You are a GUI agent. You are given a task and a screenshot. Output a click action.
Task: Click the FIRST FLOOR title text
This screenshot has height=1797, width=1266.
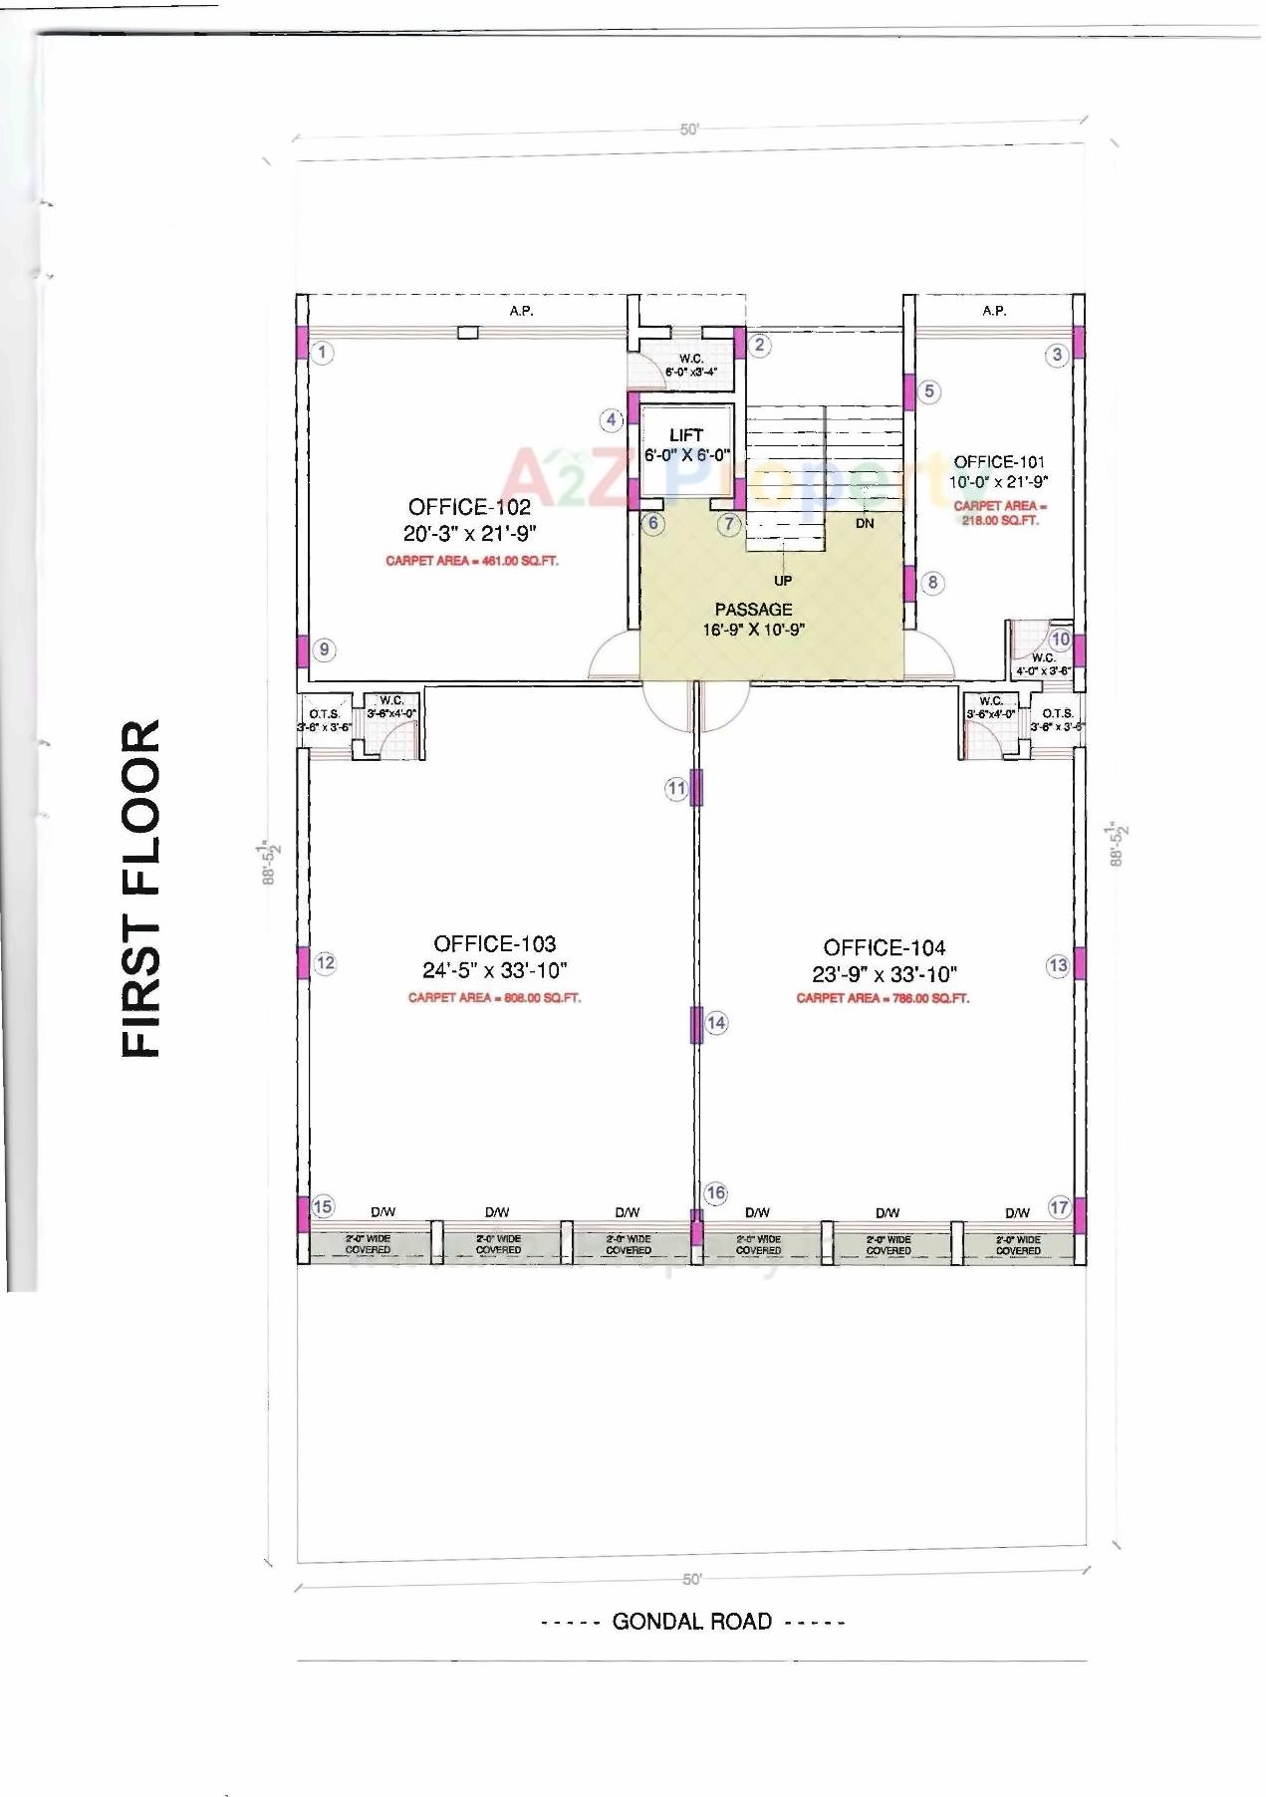pyautogui.click(x=140, y=888)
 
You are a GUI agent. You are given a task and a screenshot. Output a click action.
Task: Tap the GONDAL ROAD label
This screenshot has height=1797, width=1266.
pyautogui.click(x=691, y=1621)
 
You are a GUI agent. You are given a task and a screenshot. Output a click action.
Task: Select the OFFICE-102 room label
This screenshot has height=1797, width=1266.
pyautogui.click(x=469, y=507)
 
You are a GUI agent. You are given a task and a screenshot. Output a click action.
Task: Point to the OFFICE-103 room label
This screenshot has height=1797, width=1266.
pyautogui.click(x=494, y=943)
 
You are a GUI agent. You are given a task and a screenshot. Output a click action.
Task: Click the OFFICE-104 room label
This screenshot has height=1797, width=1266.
pyautogui.click(x=884, y=947)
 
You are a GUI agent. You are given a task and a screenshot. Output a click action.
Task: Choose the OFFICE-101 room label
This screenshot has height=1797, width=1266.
pyautogui.click(x=999, y=462)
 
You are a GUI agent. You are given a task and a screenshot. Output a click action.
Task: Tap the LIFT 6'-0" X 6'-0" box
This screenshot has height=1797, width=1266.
pyautogui.click(x=685, y=445)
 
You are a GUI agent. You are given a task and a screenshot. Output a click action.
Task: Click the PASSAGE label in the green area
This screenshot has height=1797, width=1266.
pyautogui.click(x=753, y=610)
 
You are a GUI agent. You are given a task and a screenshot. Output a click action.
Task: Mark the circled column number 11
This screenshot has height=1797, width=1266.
pyautogui.click(x=676, y=789)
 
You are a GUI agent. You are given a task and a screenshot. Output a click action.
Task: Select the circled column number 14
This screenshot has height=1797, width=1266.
pyautogui.click(x=716, y=1022)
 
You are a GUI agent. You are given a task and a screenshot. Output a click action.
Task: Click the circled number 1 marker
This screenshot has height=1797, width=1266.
pyautogui.click(x=322, y=352)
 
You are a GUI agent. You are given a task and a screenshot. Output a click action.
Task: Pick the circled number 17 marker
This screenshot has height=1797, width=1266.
pyautogui.click(x=1059, y=1207)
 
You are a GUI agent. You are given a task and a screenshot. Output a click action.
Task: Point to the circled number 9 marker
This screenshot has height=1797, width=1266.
pyautogui.click(x=324, y=650)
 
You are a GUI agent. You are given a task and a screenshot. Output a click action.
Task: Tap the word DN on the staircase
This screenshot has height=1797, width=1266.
pyautogui.click(x=864, y=523)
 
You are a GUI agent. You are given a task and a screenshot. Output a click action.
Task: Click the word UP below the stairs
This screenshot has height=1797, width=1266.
pyautogui.click(x=783, y=580)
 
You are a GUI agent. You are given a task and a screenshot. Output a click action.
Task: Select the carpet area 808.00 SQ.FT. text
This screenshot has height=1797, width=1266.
pyautogui.click(x=494, y=997)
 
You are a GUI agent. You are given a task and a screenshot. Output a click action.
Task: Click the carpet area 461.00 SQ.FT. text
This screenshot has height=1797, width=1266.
pyautogui.click(x=471, y=561)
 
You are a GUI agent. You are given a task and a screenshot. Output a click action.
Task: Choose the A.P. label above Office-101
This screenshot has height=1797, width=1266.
pyautogui.click(x=993, y=311)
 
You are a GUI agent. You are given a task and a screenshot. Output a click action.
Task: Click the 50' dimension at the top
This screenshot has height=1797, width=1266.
pyautogui.click(x=689, y=129)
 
